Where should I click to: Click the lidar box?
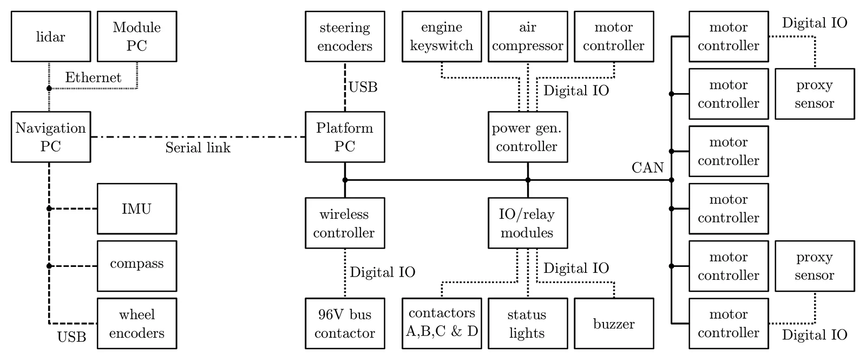tap(50, 37)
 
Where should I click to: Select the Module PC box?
tap(136, 37)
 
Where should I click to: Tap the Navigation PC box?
tap(50, 137)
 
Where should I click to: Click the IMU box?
tap(136, 208)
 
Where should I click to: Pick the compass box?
tap(136, 266)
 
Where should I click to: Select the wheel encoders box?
tap(136, 323)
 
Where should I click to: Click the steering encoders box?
tap(345, 37)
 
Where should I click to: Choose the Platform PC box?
tap(345, 137)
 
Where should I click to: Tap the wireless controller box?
tap(345, 223)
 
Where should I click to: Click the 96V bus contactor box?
tap(345, 323)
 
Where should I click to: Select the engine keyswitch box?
tap(442, 37)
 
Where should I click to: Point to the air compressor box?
tap(528, 37)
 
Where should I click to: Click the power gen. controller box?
tap(528, 137)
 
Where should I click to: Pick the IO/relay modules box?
tap(528, 223)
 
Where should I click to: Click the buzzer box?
tap(614, 323)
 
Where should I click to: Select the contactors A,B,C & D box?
tap(442, 323)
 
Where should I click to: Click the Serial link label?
tap(198, 148)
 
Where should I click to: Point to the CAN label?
tap(647, 168)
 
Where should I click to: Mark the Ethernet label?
tap(93, 77)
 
